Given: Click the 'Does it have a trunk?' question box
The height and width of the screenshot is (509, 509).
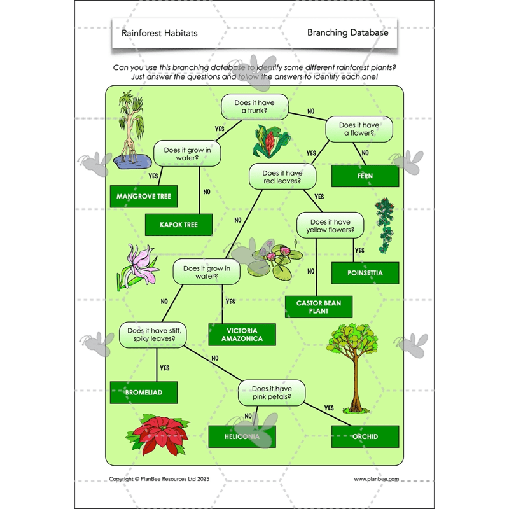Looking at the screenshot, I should point(254,106).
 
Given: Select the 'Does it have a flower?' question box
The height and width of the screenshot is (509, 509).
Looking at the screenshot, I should point(359,129).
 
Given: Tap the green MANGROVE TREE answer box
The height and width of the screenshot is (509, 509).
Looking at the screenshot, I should point(144,197).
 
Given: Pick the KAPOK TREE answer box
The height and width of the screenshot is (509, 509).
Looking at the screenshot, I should point(179,225).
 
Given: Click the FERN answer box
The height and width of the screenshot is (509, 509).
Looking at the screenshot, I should point(365,176).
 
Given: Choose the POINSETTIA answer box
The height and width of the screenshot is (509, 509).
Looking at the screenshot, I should point(365,273).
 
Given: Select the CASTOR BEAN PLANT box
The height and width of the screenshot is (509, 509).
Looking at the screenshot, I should point(318,307).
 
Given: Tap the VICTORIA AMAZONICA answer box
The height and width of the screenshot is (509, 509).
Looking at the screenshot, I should point(242,335).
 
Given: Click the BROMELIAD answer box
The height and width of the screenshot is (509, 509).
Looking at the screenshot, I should point(144,393).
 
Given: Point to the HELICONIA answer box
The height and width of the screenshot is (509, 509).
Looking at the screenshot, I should point(242,436).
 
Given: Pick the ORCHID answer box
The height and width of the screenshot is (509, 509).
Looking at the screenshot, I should point(365,436).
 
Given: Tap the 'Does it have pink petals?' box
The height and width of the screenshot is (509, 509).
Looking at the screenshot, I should point(272,393).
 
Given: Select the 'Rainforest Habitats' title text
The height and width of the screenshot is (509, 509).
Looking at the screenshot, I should point(159,33).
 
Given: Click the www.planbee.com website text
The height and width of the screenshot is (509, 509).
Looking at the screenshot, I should point(376,479).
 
